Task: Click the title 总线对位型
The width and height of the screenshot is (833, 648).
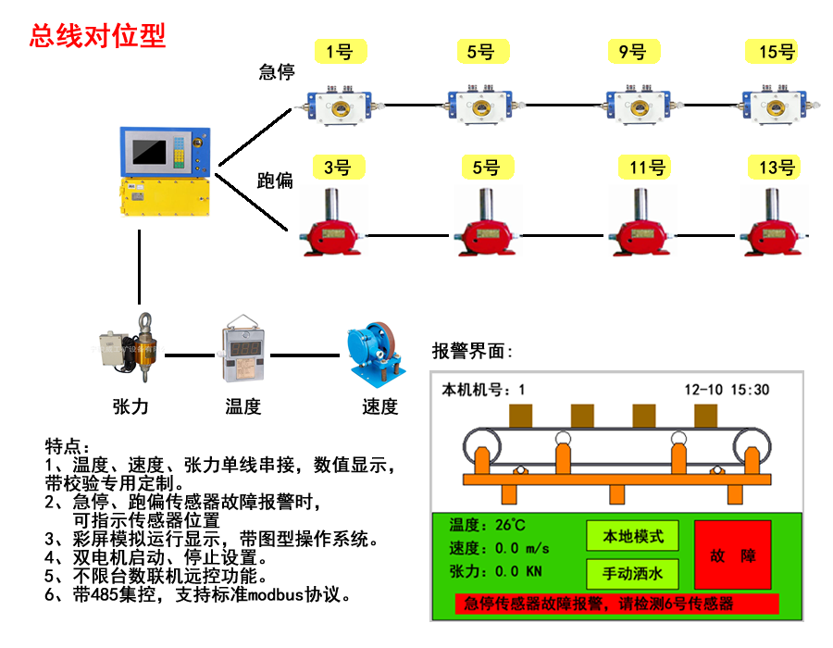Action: (97, 36)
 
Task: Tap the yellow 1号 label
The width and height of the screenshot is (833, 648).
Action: (340, 52)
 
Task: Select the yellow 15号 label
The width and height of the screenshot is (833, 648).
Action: (777, 52)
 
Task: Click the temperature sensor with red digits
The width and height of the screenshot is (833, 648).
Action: (242, 353)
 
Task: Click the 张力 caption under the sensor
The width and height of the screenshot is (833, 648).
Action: (130, 405)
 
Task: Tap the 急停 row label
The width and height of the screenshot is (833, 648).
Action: (276, 72)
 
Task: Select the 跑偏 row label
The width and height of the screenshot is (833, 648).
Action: (275, 181)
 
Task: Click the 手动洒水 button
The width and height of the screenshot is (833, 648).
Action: (632, 574)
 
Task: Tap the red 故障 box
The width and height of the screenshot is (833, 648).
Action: (732, 555)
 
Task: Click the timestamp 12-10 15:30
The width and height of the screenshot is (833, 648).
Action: (727, 390)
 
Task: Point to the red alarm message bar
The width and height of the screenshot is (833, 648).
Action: (616, 604)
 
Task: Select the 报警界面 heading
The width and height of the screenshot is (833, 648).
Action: (472, 352)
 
